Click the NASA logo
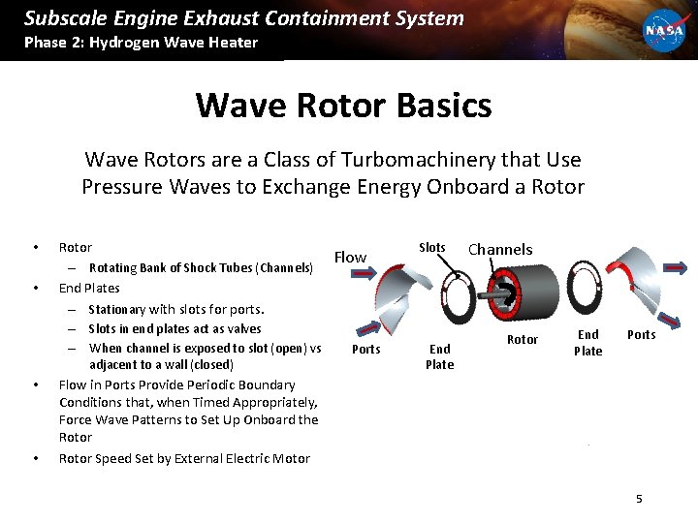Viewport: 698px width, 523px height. tap(664, 30)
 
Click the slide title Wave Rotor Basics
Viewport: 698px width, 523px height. tap(343, 105)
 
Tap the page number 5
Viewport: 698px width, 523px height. tap(639, 498)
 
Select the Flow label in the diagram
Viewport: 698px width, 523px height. tap(350, 257)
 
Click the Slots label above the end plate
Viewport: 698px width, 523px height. tap(431, 248)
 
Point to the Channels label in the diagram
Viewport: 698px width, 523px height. tap(500, 250)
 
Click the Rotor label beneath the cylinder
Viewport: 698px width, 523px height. tap(523, 339)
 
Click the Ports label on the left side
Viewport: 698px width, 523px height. tap(365, 349)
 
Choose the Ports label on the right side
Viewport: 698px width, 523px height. tap(641, 335)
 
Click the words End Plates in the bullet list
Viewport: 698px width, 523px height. tap(89, 288)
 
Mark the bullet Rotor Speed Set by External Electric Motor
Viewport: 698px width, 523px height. tap(184, 458)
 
